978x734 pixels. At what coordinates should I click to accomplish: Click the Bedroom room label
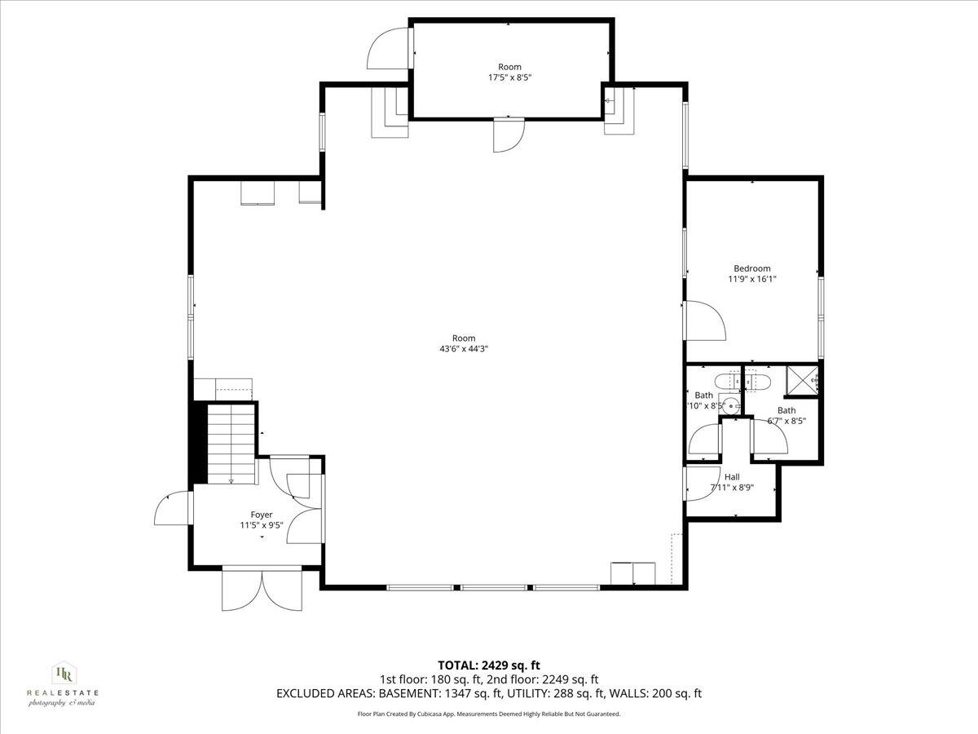click(x=751, y=268)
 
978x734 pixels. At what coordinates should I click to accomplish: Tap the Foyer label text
click(x=262, y=515)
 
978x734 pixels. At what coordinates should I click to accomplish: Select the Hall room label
click(x=732, y=477)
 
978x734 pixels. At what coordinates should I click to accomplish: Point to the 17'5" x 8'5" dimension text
click(x=509, y=77)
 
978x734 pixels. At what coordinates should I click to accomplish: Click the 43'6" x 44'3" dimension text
click(x=463, y=348)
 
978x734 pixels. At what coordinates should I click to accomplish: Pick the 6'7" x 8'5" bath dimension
click(x=786, y=422)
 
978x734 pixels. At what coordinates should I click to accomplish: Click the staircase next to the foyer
click(x=231, y=445)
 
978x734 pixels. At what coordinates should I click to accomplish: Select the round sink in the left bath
click(x=732, y=405)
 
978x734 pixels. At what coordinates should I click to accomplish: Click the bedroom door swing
click(x=703, y=320)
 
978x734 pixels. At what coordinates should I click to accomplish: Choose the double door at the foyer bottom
click(x=262, y=590)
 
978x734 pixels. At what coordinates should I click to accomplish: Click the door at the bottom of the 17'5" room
click(x=509, y=135)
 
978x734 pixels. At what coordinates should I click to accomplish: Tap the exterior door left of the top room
click(x=389, y=48)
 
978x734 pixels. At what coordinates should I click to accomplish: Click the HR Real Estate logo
click(x=63, y=682)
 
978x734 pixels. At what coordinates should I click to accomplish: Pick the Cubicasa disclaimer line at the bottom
click(x=489, y=714)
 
